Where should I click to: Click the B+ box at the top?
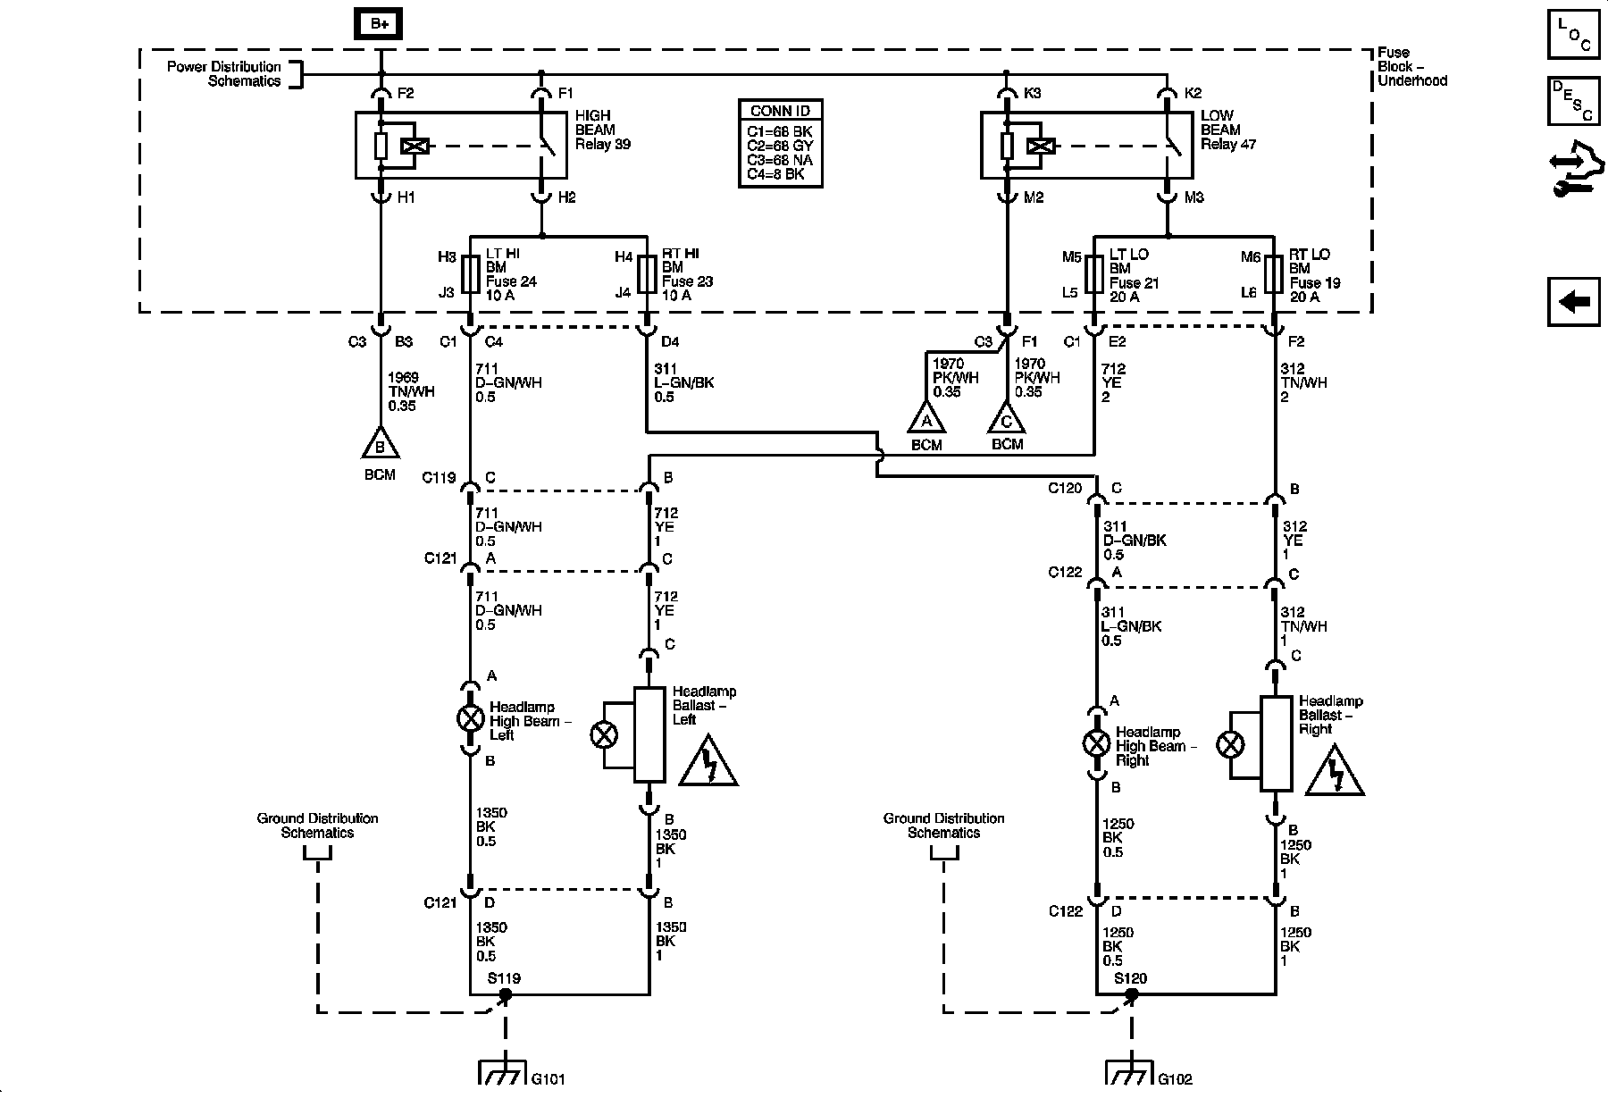click(x=380, y=24)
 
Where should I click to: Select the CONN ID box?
click(x=780, y=143)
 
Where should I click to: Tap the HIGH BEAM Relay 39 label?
click(x=604, y=130)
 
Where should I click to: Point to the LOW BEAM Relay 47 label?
click(x=1228, y=130)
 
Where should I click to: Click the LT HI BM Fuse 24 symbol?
click(x=470, y=274)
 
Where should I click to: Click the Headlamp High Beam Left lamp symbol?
click(x=470, y=718)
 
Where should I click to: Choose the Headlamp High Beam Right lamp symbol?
click(x=1096, y=743)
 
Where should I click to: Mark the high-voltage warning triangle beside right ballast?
click(x=1335, y=770)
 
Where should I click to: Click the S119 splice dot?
click(x=506, y=994)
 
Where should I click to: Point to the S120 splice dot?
click(x=1132, y=994)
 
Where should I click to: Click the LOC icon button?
click(x=1574, y=35)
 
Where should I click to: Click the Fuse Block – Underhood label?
click(x=1411, y=67)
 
